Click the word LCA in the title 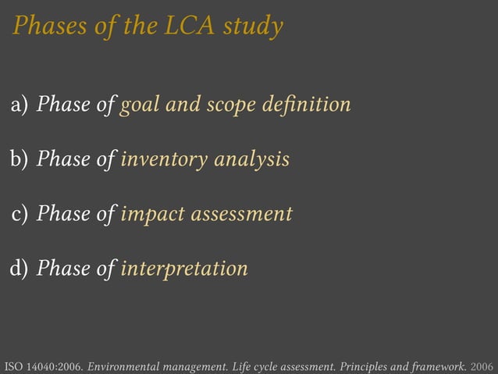[190, 27]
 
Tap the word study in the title [253, 27]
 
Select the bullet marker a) [20, 104]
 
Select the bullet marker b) [19, 159]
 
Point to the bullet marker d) [19, 269]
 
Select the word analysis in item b [251, 160]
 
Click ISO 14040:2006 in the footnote [44, 365]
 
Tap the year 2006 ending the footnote [483, 365]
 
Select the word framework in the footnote [439, 365]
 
